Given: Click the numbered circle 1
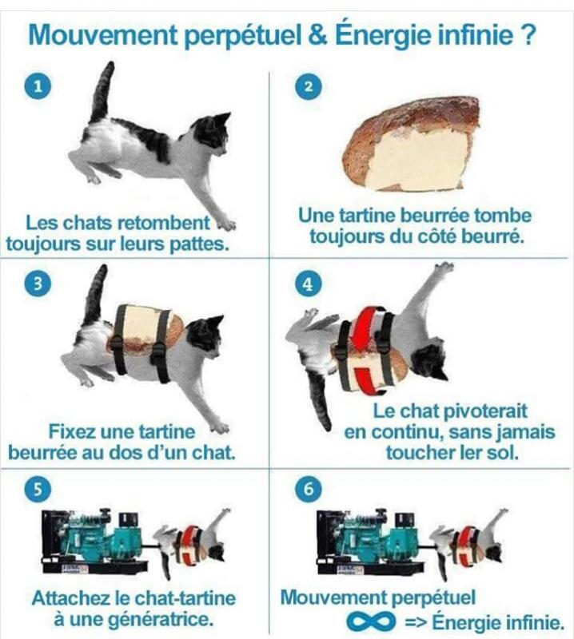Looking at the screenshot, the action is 38,86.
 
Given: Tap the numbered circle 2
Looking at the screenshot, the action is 309,86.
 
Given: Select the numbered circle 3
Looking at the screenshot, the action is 38,284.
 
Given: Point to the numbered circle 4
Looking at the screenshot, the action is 309,284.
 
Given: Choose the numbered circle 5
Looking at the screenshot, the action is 38,488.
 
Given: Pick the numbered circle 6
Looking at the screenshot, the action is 309,488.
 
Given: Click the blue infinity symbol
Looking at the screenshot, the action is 371,622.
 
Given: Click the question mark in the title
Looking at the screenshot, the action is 528,35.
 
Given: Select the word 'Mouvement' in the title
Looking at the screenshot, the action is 103,35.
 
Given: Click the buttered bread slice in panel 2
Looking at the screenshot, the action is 411,144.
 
